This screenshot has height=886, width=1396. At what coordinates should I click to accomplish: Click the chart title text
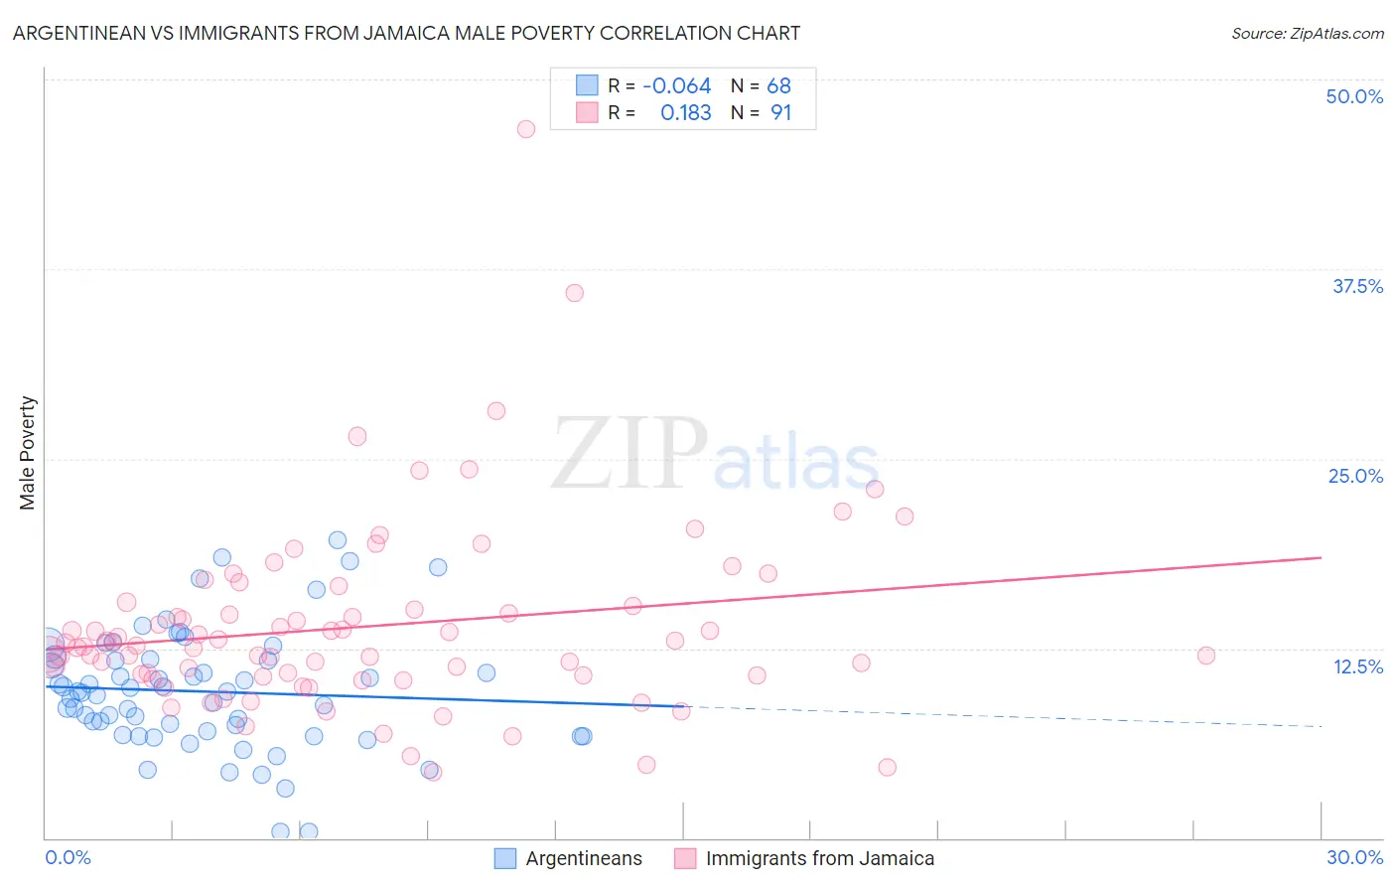click(x=406, y=33)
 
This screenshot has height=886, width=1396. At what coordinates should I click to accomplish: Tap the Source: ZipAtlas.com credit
click(x=1307, y=33)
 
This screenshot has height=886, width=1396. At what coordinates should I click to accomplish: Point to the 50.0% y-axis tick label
click(x=1354, y=96)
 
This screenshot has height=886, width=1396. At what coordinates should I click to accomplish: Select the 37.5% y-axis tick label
click(x=1357, y=286)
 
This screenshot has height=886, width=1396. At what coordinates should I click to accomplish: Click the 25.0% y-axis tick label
click(x=1355, y=476)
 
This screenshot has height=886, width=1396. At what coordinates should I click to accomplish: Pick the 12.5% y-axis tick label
click(x=1357, y=666)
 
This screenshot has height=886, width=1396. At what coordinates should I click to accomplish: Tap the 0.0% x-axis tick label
click(x=68, y=857)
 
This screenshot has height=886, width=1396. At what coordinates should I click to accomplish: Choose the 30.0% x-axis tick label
click(x=1354, y=857)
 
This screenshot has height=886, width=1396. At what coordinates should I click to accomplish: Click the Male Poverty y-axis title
click(x=28, y=453)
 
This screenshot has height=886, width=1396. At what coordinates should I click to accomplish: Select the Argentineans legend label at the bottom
click(x=584, y=859)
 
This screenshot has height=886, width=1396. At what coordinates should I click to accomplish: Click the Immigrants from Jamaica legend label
click(x=819, y=859)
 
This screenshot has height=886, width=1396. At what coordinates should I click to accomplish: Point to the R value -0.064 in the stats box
click(x=676, y=85)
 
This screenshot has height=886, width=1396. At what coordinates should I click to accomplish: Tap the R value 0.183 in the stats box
click(x=685, y=113)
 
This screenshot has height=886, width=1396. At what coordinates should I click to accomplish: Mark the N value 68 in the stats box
click(x=778, y=85)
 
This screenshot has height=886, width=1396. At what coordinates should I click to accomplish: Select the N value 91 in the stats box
click(x=780, y=113)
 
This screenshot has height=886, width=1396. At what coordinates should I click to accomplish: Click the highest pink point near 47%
click(x=526, y=129)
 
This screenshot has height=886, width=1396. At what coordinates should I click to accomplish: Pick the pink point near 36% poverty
click(x=575, y=293)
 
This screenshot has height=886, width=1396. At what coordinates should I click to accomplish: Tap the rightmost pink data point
click(x=1206, y=656)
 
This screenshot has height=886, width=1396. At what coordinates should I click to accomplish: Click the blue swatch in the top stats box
click(x=587, y=85)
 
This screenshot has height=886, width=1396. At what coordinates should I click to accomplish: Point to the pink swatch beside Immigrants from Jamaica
click(x=685, y=859)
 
